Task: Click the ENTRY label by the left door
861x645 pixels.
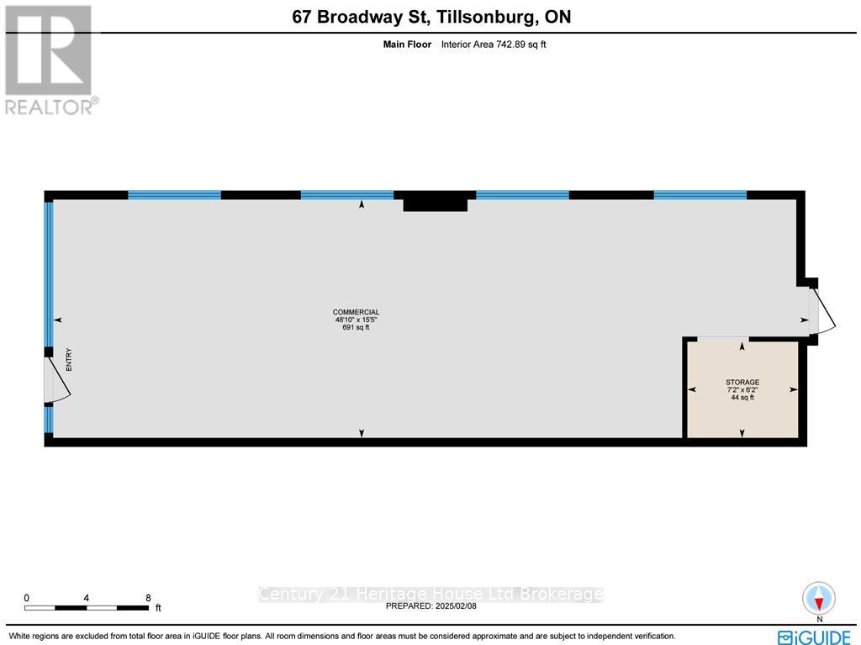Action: point(70,360)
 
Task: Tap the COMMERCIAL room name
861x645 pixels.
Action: point(357,313)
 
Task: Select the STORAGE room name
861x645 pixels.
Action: point(742,383)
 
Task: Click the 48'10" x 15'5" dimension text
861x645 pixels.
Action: point(357,320)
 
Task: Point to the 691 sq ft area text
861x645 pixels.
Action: point(357,328)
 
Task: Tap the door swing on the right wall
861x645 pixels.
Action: point(822,311)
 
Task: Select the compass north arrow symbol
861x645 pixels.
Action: point(818,600)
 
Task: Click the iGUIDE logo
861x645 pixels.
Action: point(814,637)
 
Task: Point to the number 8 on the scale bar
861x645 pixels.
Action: point(148,598)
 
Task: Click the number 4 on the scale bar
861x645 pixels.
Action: point(87,598)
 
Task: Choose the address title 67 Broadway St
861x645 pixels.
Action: point(431,17)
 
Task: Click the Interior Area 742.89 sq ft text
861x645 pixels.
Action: point(494,45)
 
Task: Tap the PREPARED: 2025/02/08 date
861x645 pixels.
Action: point(430,605)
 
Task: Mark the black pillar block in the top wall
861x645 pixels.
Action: point(435,202)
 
